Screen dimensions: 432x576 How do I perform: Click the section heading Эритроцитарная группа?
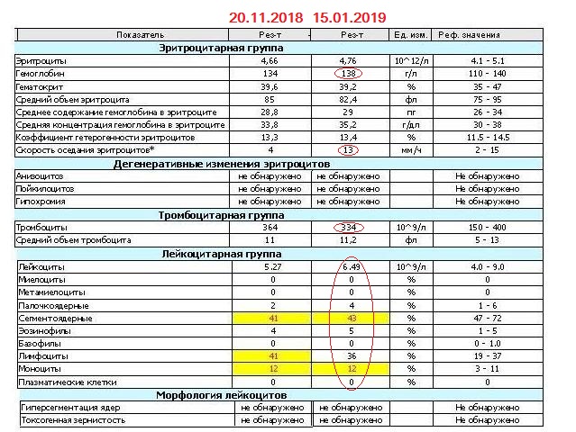pyautogui.click(x=220, y=47)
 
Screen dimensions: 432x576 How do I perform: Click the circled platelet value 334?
pyautogui.click(x=350, y=228)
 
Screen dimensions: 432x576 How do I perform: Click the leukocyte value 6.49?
pyautogui.click(x=350, y=267)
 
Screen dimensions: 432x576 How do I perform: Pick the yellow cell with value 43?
pyautogui.click(x=350, y=319)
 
